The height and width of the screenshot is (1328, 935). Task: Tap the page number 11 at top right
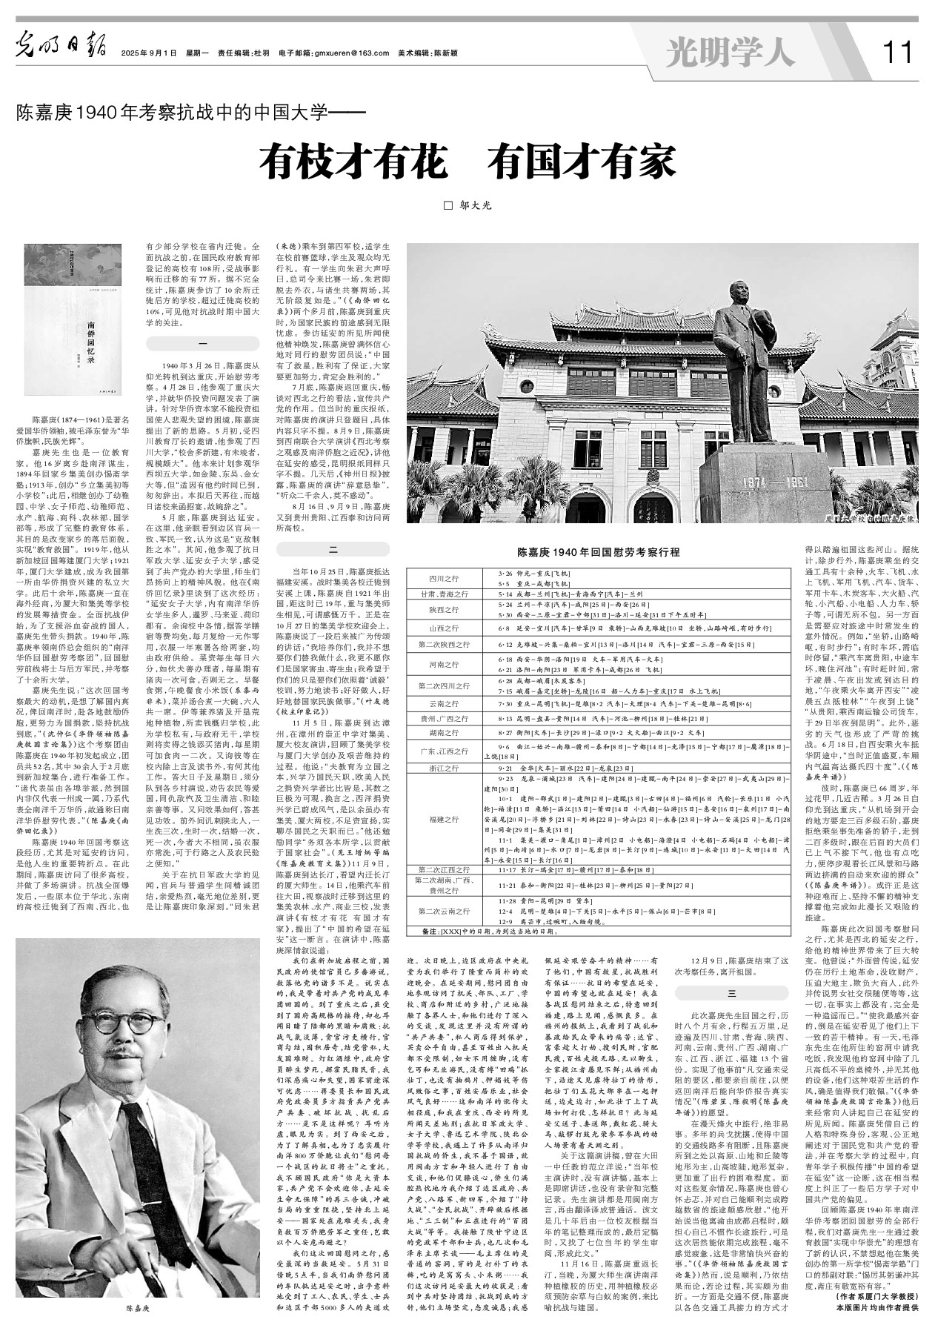point(897,53)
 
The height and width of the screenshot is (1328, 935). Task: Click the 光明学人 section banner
point(730,53)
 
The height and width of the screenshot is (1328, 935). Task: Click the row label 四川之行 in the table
point(444,579)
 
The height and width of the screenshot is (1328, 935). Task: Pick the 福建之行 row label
point(444,820)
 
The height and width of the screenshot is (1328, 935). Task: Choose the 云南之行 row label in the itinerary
point(444,703)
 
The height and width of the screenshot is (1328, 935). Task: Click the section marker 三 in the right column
point(732,992)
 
